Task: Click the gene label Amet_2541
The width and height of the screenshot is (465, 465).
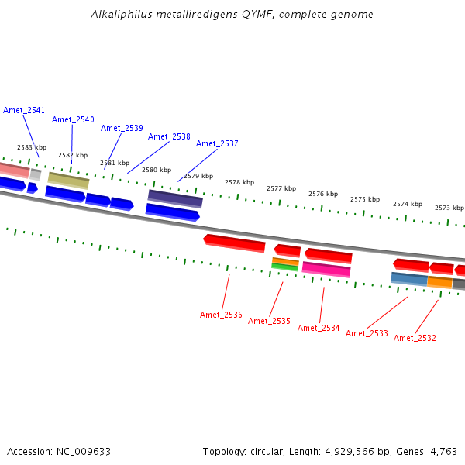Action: pyautogui.click(x=24, y=110)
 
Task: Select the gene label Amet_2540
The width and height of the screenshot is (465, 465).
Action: pyautogui.click(x=73, y=119)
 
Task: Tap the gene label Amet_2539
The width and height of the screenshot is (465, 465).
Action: pyautogui.click(x=122, y=128)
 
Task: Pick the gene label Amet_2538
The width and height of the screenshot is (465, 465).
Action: pyautogui.click(x=169, y=136)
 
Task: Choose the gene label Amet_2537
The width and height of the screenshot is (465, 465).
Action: pyautogui.click(x=217, y=143)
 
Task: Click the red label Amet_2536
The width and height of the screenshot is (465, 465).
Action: pyautogui.click(x=221, y=315)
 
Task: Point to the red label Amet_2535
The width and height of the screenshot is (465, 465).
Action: pyautogui.click(x=269, y=321)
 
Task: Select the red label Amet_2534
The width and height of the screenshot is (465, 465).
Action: pyautogui.click(x=319, y=328)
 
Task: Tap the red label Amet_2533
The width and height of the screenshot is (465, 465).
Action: pyautogui.click(x=367, y=333)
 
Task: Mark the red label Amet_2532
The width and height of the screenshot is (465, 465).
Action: pyautogui.click(x=415, y=338)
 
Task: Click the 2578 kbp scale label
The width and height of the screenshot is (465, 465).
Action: pyautogui.click(x=239, y=183)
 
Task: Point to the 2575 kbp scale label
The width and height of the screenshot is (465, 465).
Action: pyautogui.click(x=365, y=199)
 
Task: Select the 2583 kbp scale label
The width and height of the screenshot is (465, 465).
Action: pyautogui.click(x=32, y=147)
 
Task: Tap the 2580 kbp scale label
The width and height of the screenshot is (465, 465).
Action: pyautogui.click(x=157, y=170)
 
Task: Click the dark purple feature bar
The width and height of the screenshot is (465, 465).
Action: pyautogui.click(x=175, y=198)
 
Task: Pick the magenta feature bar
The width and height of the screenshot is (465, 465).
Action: pyautogui.click(x=326, y=269)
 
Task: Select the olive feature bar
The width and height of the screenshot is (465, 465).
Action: pyautogui.click(x=68, y=181)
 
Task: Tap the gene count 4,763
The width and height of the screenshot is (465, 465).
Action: pyautogui.click(x=443, y=451)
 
